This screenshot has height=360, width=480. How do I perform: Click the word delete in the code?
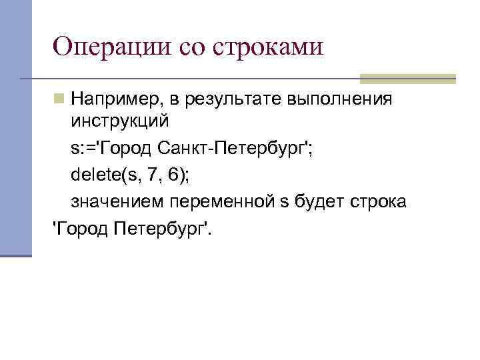93,175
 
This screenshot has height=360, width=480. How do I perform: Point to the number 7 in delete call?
152,175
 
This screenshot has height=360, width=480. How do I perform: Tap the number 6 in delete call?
172,175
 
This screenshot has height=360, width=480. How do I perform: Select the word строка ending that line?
377,201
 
